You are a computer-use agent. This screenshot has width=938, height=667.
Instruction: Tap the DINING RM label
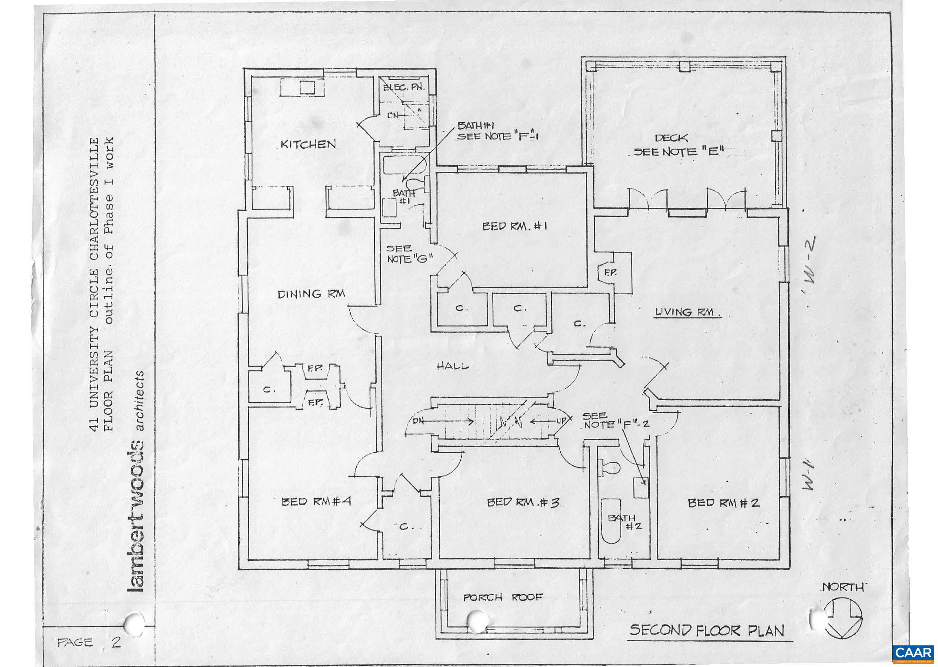tap(311, 294)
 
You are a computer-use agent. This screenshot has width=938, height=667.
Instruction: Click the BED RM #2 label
tap(723, 502)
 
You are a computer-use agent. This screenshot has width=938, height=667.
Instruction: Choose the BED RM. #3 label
tap(522, 502)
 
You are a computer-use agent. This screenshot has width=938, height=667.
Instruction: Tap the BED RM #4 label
tap(315, 502)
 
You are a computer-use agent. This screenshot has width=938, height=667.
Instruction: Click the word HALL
tap(452, 366)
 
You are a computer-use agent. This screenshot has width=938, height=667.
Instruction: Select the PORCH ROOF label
tap(503, 597)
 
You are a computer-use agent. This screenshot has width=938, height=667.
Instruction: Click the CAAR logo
tap(914, 653)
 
